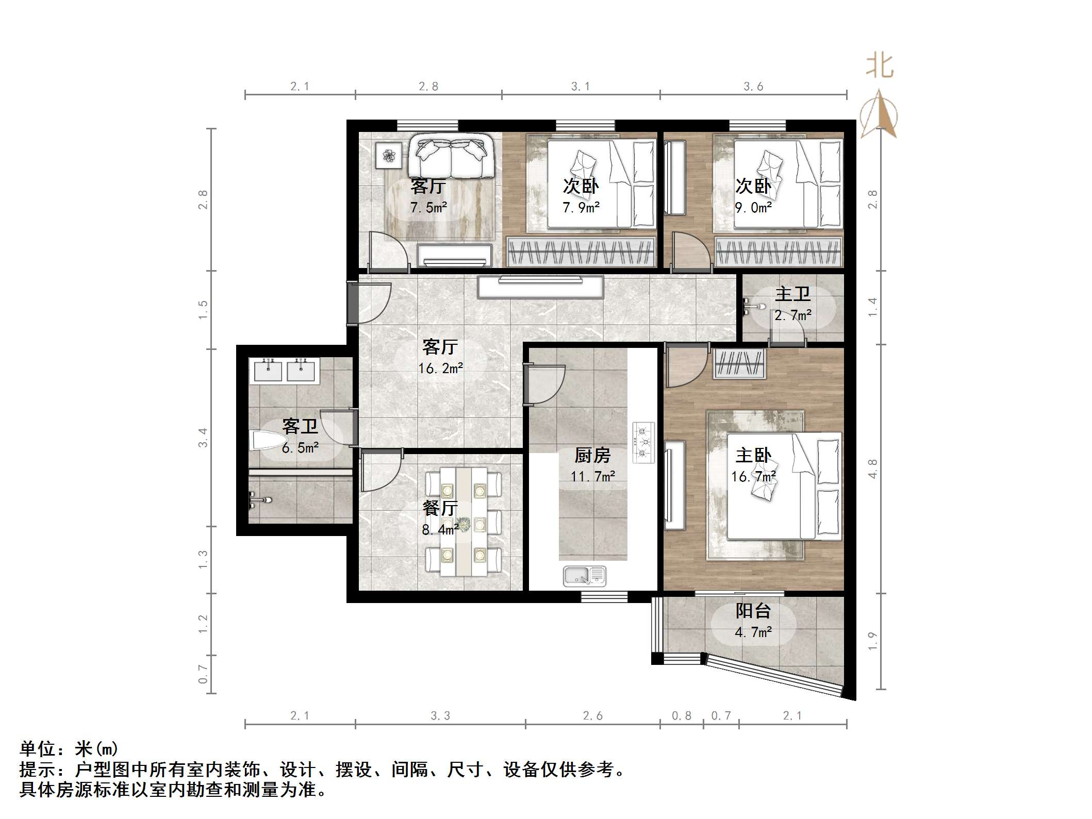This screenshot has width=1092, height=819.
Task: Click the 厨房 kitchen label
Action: coord(592,456)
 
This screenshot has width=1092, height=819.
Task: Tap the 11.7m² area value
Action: coord(592,477)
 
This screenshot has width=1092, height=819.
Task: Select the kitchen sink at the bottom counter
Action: coord(585,576)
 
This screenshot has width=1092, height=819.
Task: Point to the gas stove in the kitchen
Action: coord(643,442)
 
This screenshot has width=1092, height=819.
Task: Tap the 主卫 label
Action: coord(792,294)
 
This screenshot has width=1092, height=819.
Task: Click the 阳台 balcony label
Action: coord(753,611)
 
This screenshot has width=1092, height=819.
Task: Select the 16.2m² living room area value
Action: coord(440,369)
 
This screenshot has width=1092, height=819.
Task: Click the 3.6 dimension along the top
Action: coord(753,87)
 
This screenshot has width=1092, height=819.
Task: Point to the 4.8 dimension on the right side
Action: coord(872,469)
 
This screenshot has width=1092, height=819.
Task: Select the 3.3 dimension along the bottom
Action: coord(440,716)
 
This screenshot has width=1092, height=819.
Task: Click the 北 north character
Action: coord(879,67)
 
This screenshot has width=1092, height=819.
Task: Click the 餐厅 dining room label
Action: coord(440,508)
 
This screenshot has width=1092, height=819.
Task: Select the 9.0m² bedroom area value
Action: coord(753,208)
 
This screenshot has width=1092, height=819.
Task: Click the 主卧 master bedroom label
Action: coord(753,456)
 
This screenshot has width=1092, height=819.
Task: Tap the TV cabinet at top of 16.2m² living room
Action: coord(540,287)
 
